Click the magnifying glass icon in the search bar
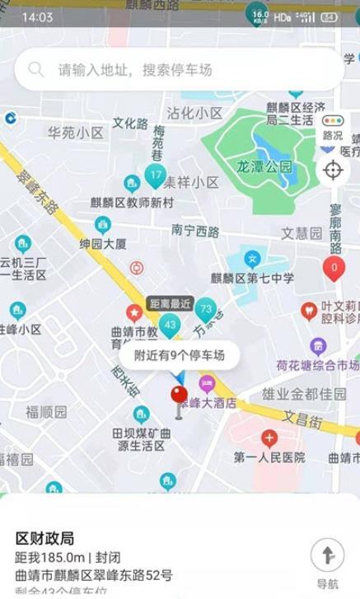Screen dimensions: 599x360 pyautogui.click(x=36, y=70)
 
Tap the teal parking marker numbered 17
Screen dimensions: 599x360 pyautogui.click(x=156, y=175)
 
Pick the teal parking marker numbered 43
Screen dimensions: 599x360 pyautogui.click(x=170, y=325)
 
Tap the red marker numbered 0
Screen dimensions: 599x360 pyautogui.click(x=334, y=268)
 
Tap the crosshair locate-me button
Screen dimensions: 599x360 pyautogui.click(x=333, y=171)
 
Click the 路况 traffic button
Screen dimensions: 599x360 pyautogui.click(x=333, y=128)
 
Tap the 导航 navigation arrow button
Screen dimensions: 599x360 pyautogui.click(x=327, y=556)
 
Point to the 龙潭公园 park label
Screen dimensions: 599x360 pyautogui.click(x=264, y=166)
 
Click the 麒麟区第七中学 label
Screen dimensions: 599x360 pyautogui.click(x=253, y=278)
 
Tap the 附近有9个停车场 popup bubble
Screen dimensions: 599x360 pyautogui.click(x=180, y=356)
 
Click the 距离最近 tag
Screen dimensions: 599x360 pyautogui.click(x=169, y=303)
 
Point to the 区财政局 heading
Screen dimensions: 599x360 pyautogui.click(x=45, y=538)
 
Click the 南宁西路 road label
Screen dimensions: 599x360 pyautogui.click(x=195, y=230)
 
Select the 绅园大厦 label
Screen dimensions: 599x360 pyautogui.click(x=103, y=244)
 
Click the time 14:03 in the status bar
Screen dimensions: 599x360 pyautogui.click(x=37, y=16)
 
